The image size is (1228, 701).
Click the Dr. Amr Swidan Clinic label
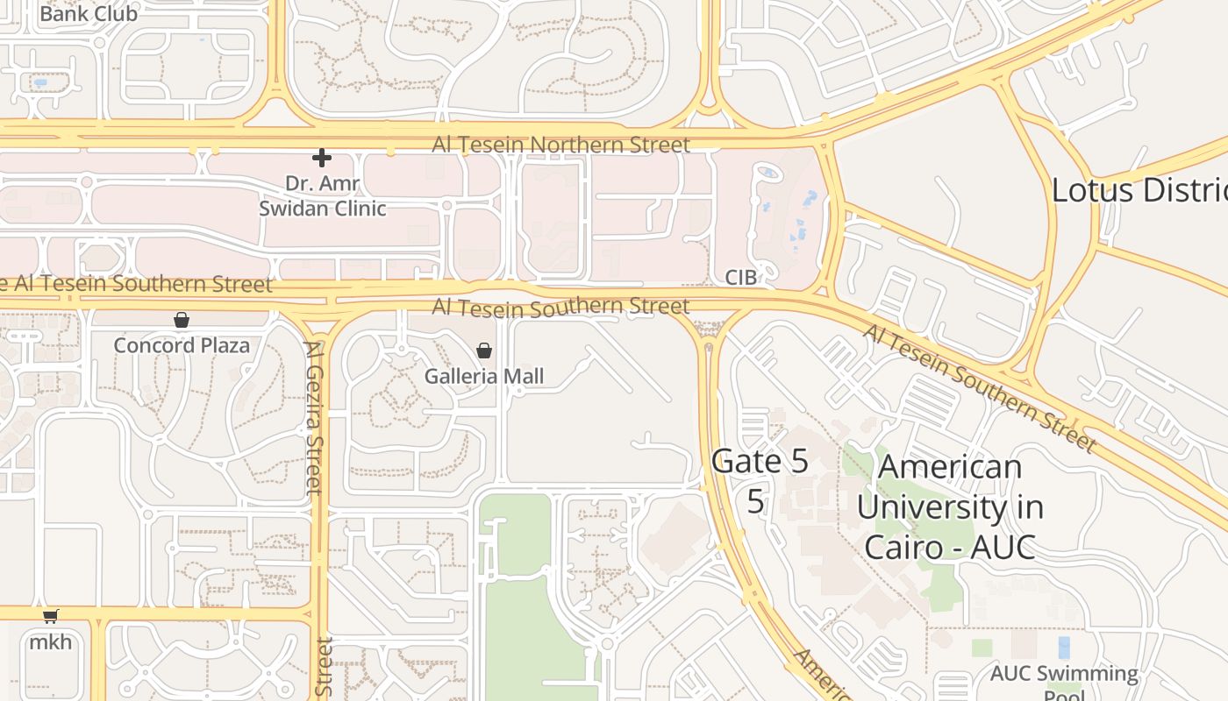click(x=323, y=196)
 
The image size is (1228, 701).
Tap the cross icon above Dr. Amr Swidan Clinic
click(x=322, y=158)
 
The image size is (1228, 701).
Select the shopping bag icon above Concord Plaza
click(x=182, y=320)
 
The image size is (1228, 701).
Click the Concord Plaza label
click(x=182, y=345)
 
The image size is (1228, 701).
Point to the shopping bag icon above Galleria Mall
click(x=484, y=350)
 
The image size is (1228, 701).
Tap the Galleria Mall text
click(x=484, y=377)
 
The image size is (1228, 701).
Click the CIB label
click(x=739, y=278)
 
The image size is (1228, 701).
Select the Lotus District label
click(x=1139, y=190)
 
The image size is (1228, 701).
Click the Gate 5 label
click(x=760, y=461)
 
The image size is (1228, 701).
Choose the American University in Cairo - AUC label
click(x=950, y=506)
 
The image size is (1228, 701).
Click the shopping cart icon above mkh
click(x=51, y=617)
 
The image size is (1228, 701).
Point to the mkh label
click(x=51, y=642)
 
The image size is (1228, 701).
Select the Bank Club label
click(x=89, y=14)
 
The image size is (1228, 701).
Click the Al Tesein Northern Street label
click(x=560, y=145)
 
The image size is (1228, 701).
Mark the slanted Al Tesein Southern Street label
click(x=979, y=387)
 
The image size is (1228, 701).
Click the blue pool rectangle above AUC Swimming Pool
click(x=1064, y=648)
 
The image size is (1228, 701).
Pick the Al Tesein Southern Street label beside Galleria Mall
click(x=560, y=307)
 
